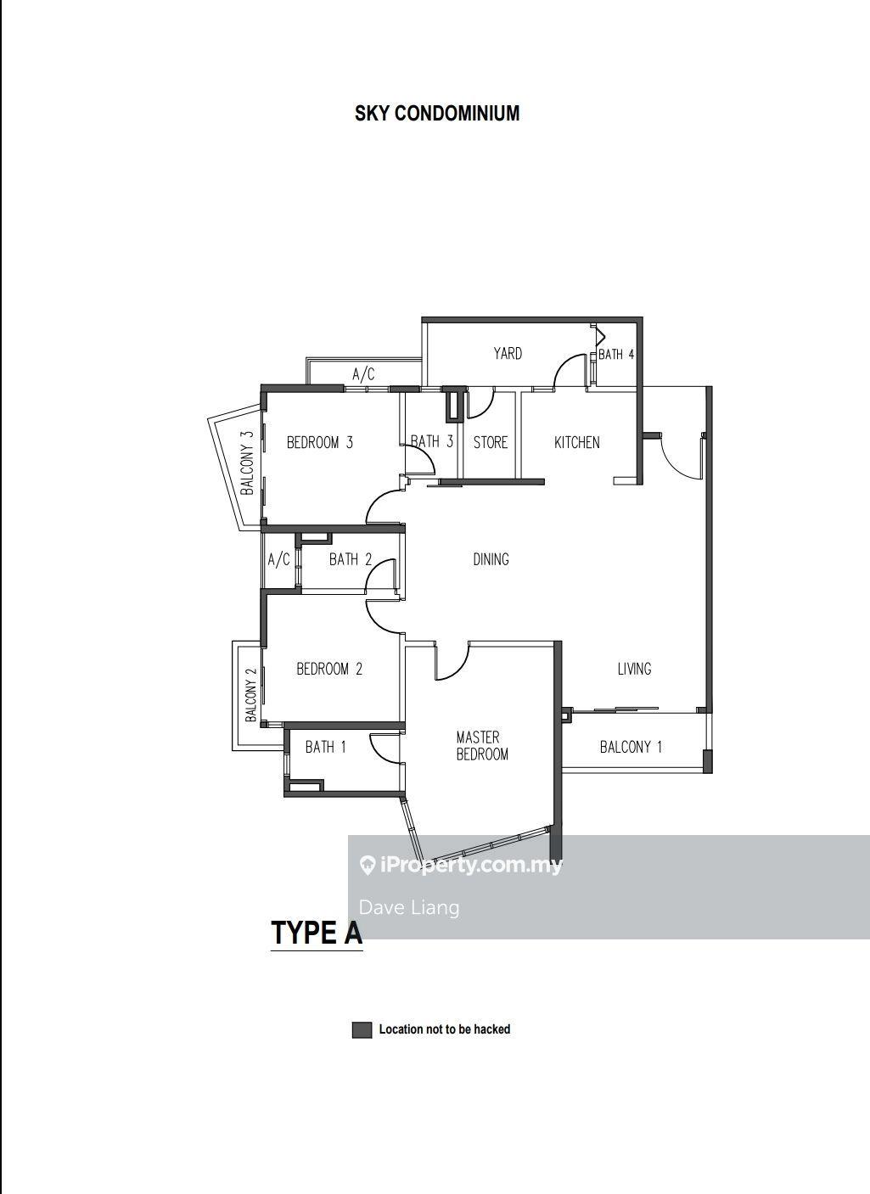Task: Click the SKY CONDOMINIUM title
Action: [x=437, y=114]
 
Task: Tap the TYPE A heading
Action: [x=317, y=933]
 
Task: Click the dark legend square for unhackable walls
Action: [x=362, y=1030]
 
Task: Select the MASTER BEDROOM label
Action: [x=482, y=746]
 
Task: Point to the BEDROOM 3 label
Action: [x=320, y=442]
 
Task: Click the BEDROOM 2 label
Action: [x=329, y=669]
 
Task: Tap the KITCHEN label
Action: [x=577, y=442]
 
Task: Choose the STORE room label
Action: [x=491, y=442]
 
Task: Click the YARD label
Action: [x=508, y=353]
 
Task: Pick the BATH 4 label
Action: [x=616, y=354]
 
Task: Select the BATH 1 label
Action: [x=326, y=748]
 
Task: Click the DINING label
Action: [x=491, y=559]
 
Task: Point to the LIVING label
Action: [x=634, y=669]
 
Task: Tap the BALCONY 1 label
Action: [x=631, y=748]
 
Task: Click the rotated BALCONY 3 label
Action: [x=247, y=462]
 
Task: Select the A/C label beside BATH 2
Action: [x=278, y=560]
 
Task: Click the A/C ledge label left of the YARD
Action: [x=363, y=374]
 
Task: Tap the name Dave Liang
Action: [x=409, y=907]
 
